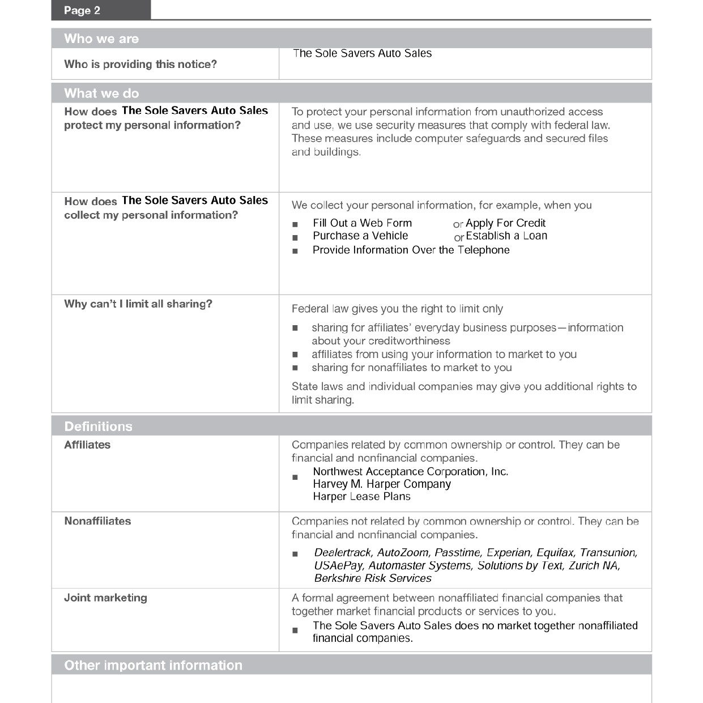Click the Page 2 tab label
pyautogui.click(x=82, y=10)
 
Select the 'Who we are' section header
pyautogui.click(x=101, y=39)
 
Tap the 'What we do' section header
pyautogui.click(x=101, y=93)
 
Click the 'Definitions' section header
pyautogui.click(x=98, y=426)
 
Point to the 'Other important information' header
pyautogui.click(x=153, y=665)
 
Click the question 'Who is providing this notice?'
pyautogui.click(x=140, y=64)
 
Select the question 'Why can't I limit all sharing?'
pyautogui.click(x=138, y=304)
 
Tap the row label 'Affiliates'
pyautogui.click(x=87, y=445)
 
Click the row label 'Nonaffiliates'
pyautogui.click(x=97, y=521)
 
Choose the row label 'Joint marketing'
pyautogui.click(x=105, y=598)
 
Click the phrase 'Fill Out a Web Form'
pyautogui.click(x=362, y=223)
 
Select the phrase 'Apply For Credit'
pyautogui.click(x=505, y=223)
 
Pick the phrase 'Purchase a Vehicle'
pyautogui.click(x=360, y=236)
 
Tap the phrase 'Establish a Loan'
pyautogui.click(x=506, y=236)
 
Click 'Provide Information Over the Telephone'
pyautogui.click(x=411, y=250)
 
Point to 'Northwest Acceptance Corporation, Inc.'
pyautogui.click(x=410, y=471)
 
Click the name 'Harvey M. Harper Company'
pyautogui.click(x=382, y=484)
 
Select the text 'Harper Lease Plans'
pyautogui.click(x=361, y=496)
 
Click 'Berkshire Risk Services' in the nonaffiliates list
pyautogui.click(x=373, y=578)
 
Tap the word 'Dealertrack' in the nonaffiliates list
pyautogui.click(x=343, y=552)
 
